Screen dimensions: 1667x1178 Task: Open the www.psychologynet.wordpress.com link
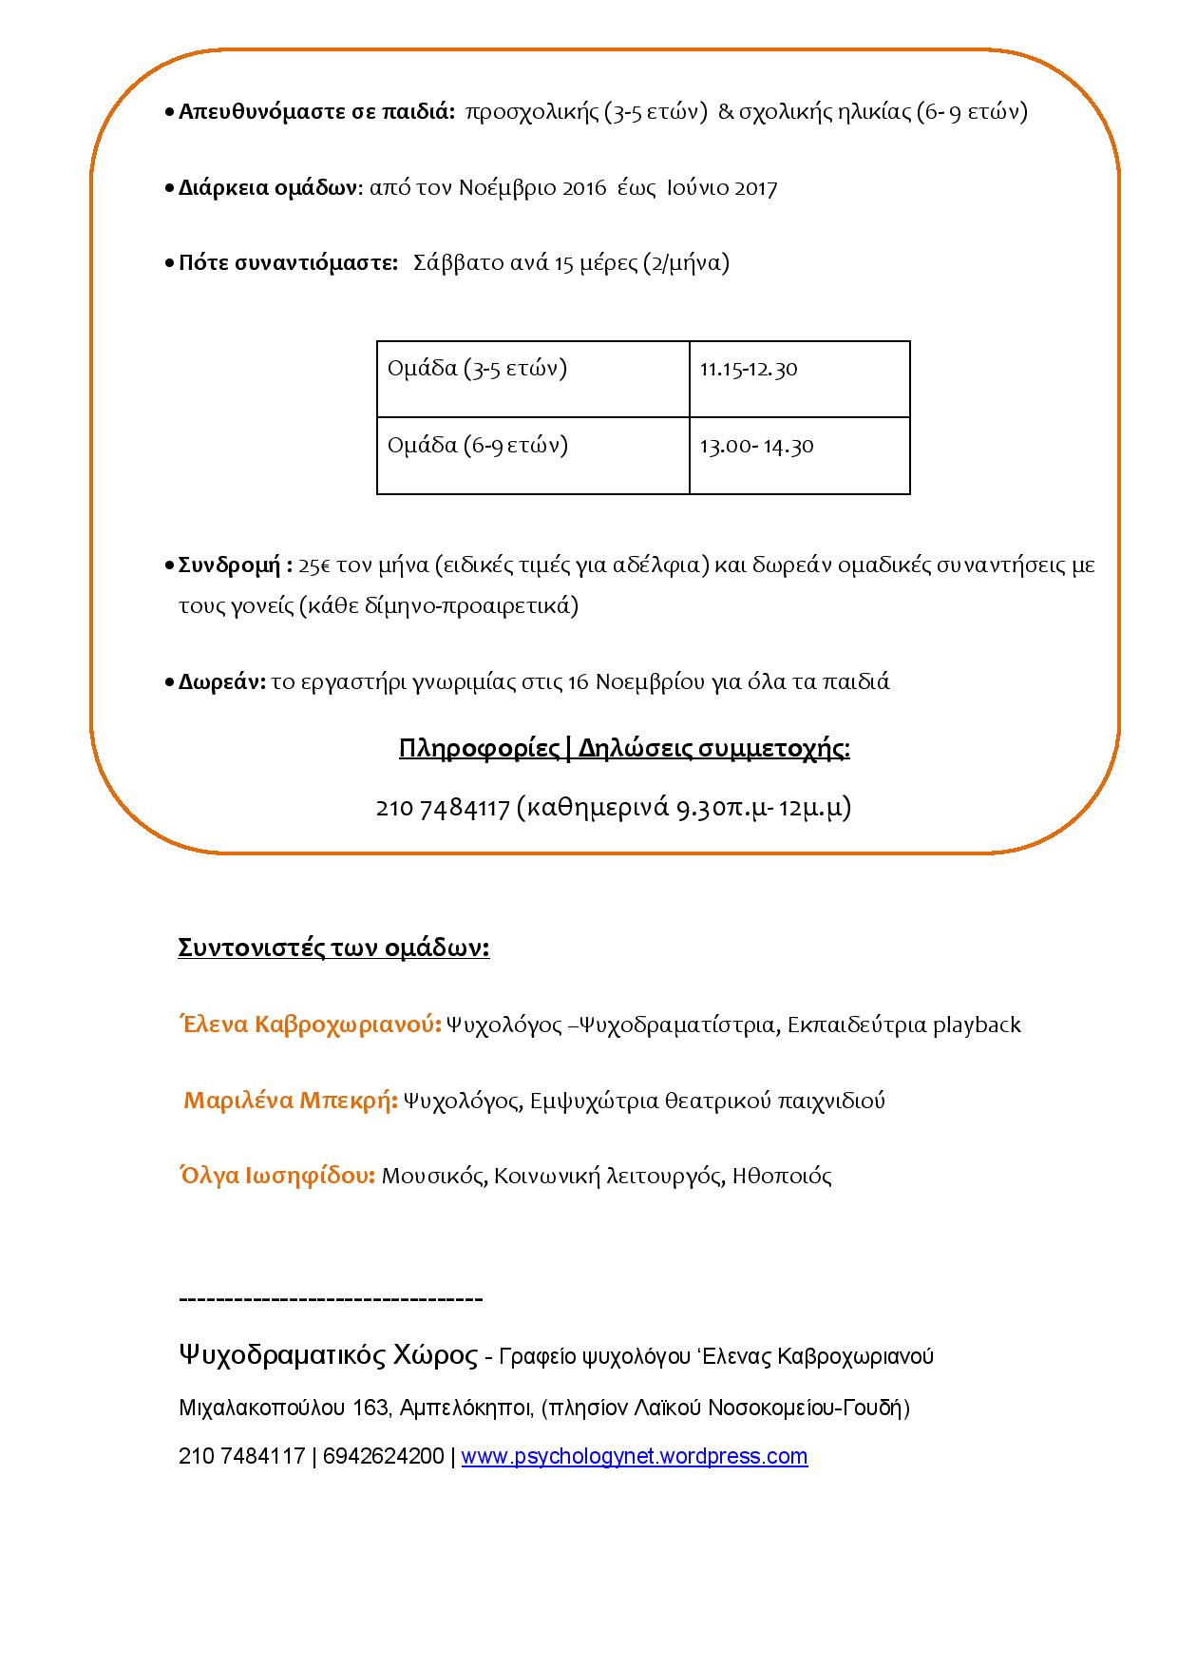pyautogui.click(x=634, y=1457)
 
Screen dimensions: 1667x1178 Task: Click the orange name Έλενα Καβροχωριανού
pyautogui.click(x=310, y=1025)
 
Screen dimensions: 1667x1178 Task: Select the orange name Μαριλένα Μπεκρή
pyautogui.click(x=290, y=1101)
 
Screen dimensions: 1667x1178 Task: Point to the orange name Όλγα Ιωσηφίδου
pyautogui.click(x=276, y=1176)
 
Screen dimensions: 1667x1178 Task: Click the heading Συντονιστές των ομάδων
pyautogui.click(x=333, y=948)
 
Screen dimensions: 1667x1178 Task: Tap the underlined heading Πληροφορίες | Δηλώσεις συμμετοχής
pyautogui.click(x=624, y=749)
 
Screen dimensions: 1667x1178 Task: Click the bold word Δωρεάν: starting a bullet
pyautogui.click(x=222, y=681)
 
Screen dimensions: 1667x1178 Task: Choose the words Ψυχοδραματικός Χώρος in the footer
pyautogui.click(x=328, y=1355)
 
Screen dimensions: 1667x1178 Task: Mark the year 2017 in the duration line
pyautogui.click(x=755, y=188)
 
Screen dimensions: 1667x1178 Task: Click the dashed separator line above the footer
pyautogui.click(x=331, y=1299)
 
